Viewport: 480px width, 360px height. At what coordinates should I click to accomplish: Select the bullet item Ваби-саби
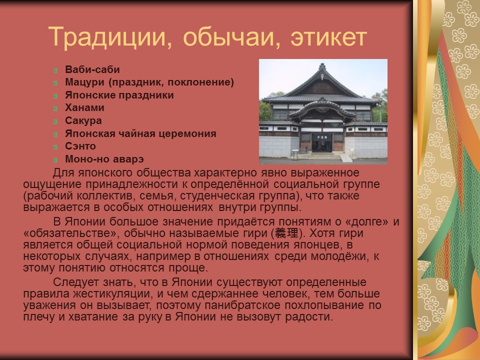click(x=92, y=69)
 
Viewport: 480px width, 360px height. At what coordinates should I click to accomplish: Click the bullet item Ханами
click(x=84, y=107)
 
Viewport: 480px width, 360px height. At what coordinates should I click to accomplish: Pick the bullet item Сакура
click(x=83, y=120)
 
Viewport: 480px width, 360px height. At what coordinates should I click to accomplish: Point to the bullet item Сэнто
click(x=80, y=146)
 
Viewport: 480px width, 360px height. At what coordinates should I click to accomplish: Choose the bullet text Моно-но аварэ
click(x=104, y=159)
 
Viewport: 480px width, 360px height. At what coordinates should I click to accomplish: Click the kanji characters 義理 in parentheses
click(x=286, y=233)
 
